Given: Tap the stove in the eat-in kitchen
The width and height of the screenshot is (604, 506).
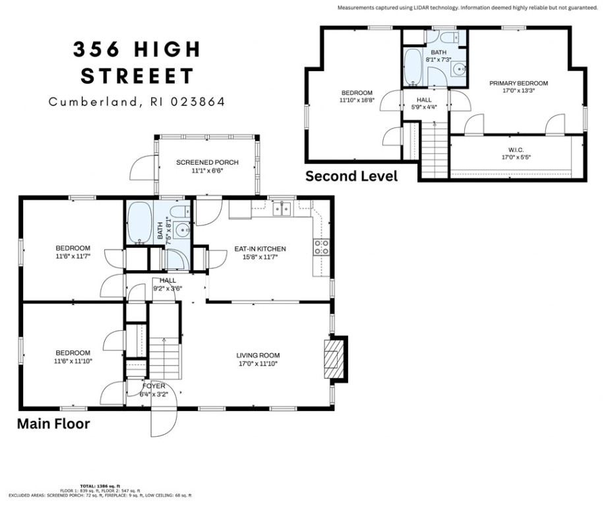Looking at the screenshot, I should coord(321,246).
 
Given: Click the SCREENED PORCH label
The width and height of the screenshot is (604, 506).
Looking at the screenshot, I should coord(207,162).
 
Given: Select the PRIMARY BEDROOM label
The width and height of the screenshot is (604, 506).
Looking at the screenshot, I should coord(518,83).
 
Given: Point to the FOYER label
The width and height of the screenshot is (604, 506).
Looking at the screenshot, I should coord(152,386).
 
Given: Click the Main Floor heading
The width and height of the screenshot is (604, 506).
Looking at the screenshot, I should coord(53,424).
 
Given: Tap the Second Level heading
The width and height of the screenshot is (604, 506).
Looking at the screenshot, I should coord(351,176).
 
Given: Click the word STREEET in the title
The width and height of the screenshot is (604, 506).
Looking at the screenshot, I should coord(137,76).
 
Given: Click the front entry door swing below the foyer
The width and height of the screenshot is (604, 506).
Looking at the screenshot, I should coord(164,422).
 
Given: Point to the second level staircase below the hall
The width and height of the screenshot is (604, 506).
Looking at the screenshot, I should coord(433,152).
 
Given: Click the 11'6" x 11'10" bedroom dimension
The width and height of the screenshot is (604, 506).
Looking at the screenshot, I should coord(73,362).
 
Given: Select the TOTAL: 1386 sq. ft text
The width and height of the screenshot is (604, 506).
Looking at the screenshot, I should coord(100,485).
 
